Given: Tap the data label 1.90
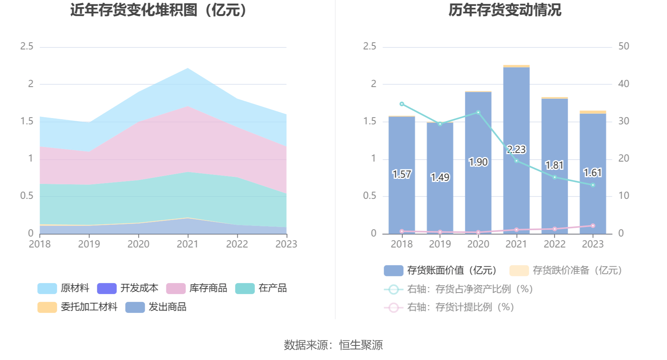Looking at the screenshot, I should (x=478, y=162).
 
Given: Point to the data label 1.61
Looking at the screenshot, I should (x=592, y=173).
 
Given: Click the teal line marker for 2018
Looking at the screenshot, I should (x=402, y=104).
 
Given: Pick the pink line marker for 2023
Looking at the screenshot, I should (x=593, y=226).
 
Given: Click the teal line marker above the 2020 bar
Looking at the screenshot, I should (x=478, y=113).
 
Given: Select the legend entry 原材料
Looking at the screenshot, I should (x=64, y=288).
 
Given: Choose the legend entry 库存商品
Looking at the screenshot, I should (x=197, y=288).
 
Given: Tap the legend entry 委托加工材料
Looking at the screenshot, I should (x=77, y=307).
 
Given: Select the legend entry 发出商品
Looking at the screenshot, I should (x=156, y=307).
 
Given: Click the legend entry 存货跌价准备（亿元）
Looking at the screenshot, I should (x=566, y=271).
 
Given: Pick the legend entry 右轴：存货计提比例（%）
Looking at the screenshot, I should (x=449, y=307).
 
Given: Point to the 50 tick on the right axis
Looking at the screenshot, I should (x=623, y=46).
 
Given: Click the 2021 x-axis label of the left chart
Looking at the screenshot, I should (x=188, y=244).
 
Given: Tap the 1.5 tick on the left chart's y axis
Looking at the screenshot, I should (x=27, y=121).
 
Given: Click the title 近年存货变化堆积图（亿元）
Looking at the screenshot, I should (x=159, y=10).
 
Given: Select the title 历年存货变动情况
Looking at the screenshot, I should (x=505, y=10).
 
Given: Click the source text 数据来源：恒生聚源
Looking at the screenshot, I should (x=333, y=345).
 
